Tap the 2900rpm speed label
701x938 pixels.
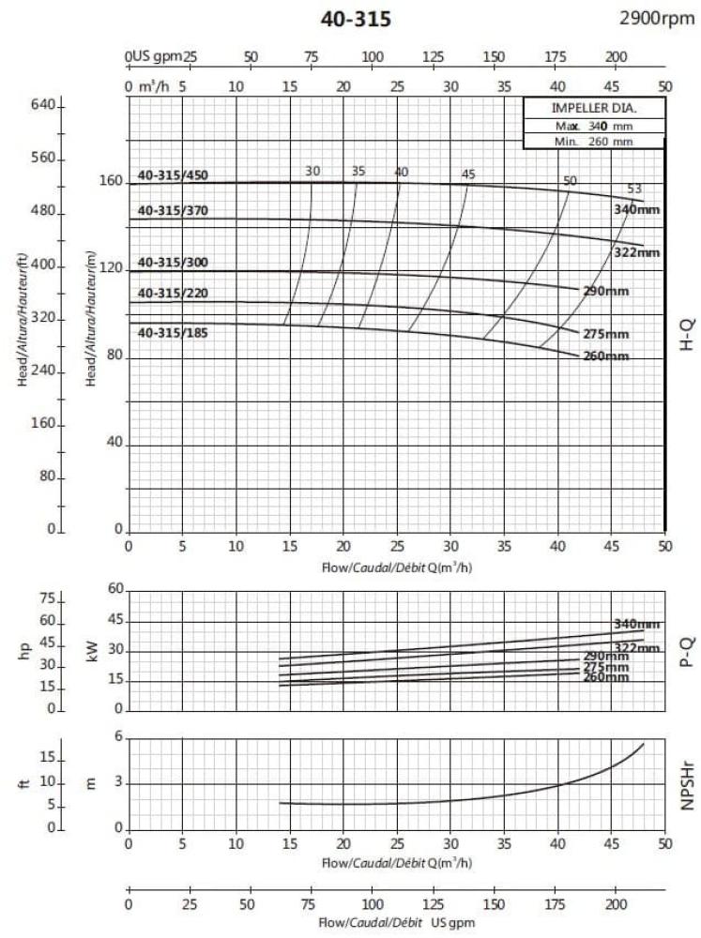click(x=658, y=19)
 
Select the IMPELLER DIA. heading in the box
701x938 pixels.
click(x=594, y=107)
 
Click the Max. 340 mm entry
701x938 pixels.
click(x=594, y=125)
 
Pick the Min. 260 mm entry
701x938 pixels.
click(x=594, y=142)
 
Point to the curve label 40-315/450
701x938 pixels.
click(x=173, y=174)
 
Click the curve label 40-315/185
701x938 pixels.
click(x=173, y=333)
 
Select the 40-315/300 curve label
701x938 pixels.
click(x=173, y=262)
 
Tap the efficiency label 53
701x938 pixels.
click(x=633, y=189)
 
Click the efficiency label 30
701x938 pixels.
click(x=312, y=171)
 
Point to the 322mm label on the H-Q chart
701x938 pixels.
click(x=637, y=252)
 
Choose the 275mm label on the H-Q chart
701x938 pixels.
click(x=606, y=334)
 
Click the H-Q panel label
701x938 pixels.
click(x=686, y=333)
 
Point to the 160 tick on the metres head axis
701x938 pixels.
click(x=111, y=181)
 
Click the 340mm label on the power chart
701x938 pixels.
click(x=636, y=625)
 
